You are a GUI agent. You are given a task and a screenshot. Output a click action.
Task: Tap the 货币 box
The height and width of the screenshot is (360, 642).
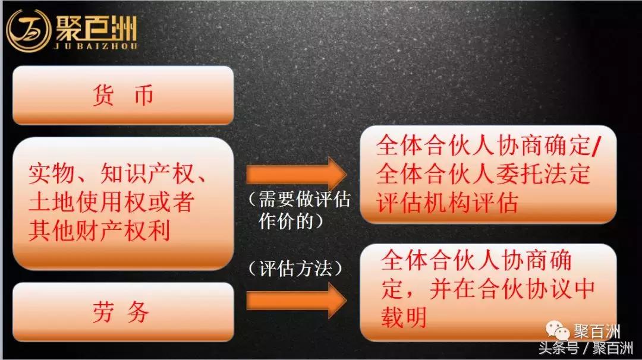(123, 95)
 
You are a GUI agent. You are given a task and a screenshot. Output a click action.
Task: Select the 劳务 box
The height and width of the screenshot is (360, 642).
(123, 312)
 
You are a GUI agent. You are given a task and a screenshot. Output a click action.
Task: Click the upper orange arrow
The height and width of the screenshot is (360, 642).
(295, 174)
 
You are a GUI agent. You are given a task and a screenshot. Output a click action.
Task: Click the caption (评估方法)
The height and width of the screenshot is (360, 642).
(295, 268)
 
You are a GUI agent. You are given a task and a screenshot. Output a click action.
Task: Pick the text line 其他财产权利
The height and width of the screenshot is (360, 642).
(99, 230)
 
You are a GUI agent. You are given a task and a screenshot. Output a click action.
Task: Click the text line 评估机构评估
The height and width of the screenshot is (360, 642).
(448, 203)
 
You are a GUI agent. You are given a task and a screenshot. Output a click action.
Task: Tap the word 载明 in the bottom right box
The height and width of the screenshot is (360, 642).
(404, 317)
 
